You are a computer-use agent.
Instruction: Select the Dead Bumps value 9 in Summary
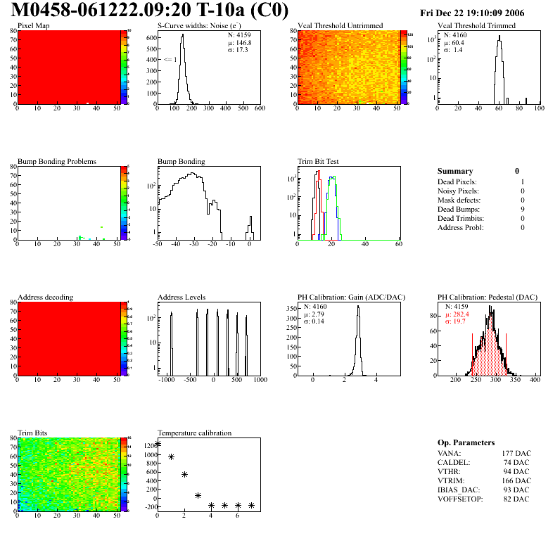tap(523, 209)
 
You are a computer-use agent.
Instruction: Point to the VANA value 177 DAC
tap(516, 453)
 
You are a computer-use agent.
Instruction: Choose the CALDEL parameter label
tap(454, 462)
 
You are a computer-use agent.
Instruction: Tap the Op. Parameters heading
tap(466, 442)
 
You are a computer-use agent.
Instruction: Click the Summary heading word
tap(455, 171)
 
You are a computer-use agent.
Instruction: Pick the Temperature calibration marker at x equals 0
tap(158, 444)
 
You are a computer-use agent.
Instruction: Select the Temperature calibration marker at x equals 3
tap(198, 496)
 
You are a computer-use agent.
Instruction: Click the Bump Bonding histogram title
tap(182, 161)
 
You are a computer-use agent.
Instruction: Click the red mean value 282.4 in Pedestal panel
tap(461, 314)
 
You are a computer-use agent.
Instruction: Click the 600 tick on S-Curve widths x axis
tap(260, 109)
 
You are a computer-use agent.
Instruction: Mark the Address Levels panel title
tap(182, 298)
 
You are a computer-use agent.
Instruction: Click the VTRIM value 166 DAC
tap(516, 480)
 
